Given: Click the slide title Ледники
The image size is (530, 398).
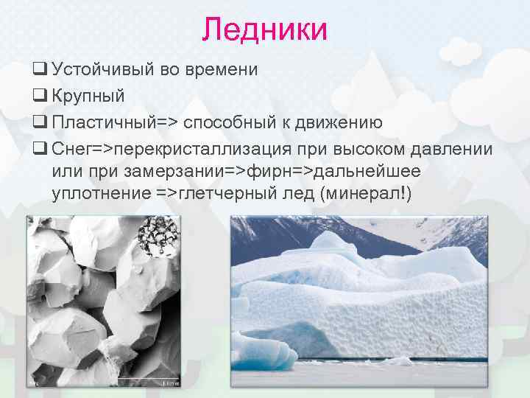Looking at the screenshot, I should [265, 30].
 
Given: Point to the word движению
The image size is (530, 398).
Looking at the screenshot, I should [336, 122].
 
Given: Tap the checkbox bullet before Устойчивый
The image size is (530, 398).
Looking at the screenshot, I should [39, 70].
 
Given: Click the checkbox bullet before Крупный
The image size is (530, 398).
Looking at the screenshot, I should [39, 96].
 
